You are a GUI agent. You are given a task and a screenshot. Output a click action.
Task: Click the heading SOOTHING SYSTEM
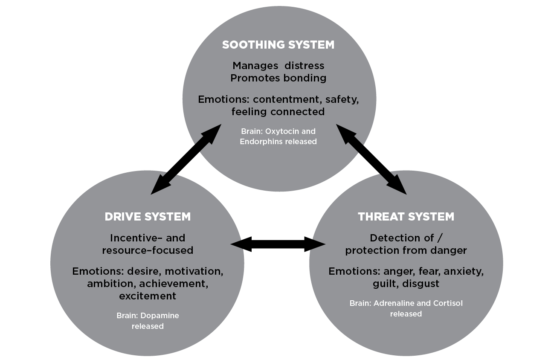tap(278, 45)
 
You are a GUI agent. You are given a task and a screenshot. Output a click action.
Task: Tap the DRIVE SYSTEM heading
tap(148, 216)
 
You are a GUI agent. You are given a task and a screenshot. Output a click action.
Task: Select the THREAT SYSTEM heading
tap(406, 216)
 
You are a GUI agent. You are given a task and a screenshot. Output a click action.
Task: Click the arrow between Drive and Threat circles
tap(278, 244)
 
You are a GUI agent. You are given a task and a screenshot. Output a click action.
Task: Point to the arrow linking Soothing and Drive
tap(186, 159)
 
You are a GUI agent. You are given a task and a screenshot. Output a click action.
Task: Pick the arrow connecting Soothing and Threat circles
tap(371, 159)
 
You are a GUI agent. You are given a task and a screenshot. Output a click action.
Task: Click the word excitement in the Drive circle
tap(148, 296)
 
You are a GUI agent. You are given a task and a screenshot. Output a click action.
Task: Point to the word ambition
tap(107, 284)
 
